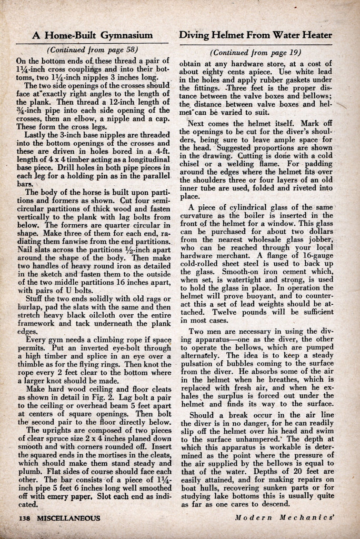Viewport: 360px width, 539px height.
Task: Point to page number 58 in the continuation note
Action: tap(128, 50)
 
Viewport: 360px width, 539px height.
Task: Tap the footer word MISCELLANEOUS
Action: tap(68, 518)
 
